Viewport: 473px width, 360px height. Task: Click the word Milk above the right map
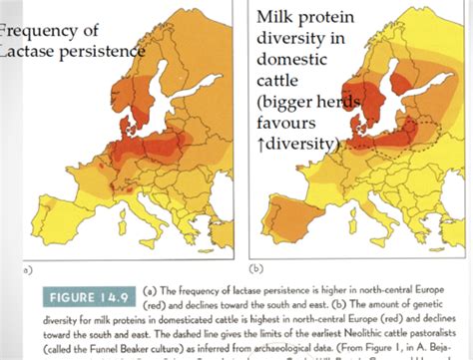[275, 18]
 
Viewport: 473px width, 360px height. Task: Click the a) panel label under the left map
[8, 268]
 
